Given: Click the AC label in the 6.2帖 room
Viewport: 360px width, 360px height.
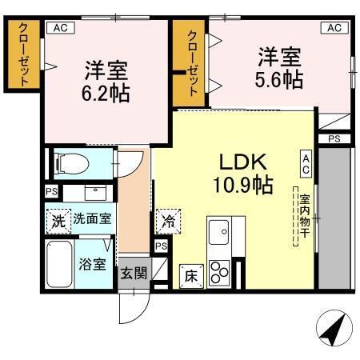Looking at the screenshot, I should pos(61,28).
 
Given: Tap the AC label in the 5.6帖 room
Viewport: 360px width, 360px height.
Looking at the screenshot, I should pos(334,28).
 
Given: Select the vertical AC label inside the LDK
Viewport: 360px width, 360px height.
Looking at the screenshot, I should pos(306,163).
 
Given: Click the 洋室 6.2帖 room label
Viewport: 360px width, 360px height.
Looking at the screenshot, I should pos(104,79).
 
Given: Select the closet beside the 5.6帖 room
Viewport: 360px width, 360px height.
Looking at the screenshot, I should pos(192,62).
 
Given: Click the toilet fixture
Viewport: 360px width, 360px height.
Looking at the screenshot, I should pos(70,164).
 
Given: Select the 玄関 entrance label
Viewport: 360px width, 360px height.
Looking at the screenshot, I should pos(134,272).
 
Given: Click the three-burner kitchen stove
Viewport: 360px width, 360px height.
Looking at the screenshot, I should pos(219,272).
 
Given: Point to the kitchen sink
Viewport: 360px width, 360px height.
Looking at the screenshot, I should pos(219,233).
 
